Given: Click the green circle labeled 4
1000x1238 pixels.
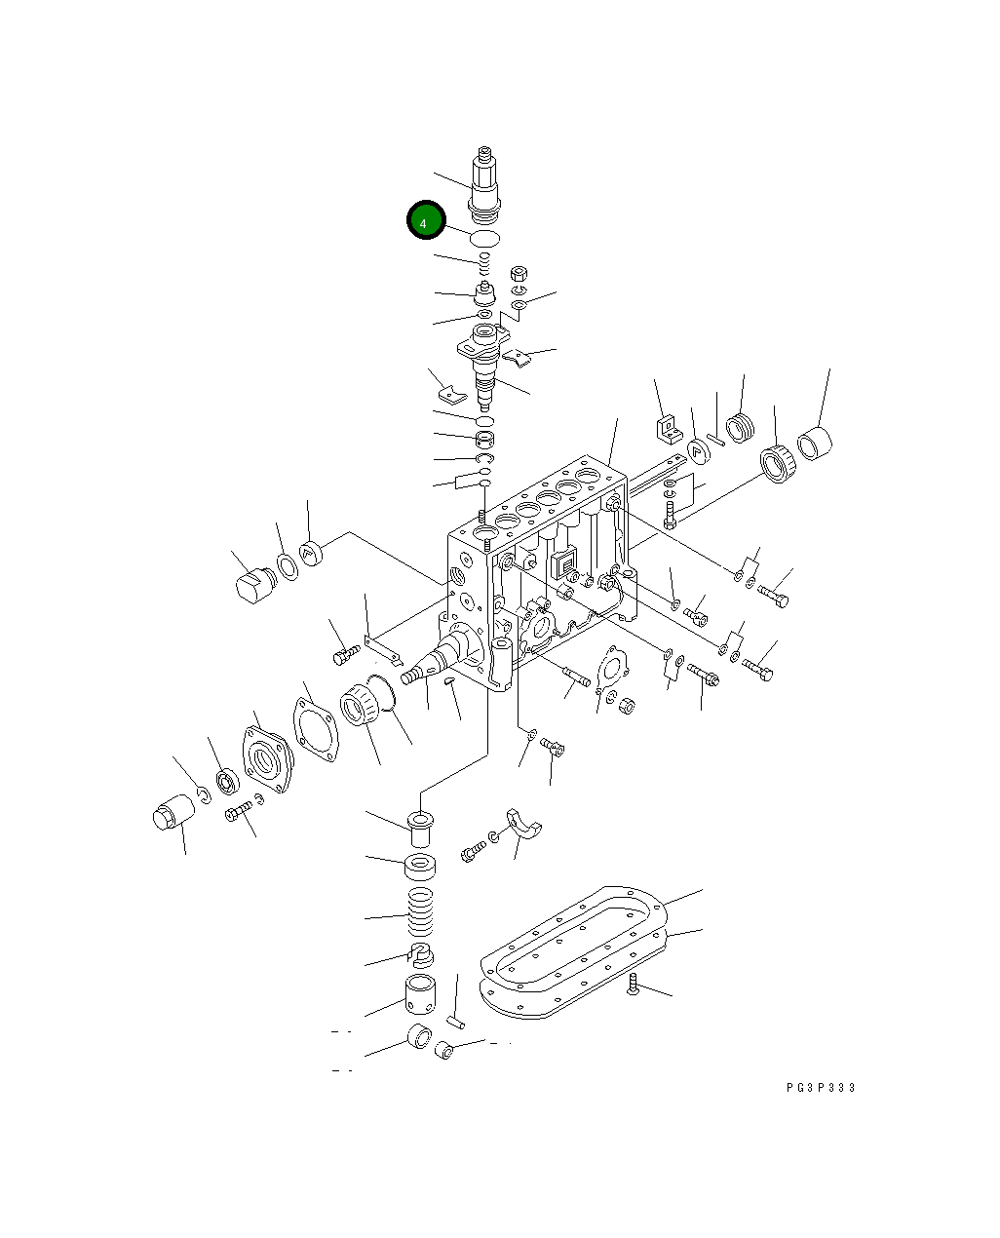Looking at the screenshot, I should tap(425, 221).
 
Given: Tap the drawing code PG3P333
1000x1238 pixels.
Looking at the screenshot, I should tap(821, 1088).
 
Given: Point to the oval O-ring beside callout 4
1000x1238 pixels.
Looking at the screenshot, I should tap(484, 239).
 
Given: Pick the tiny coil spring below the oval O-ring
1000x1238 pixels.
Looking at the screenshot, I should tap(482, 259).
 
